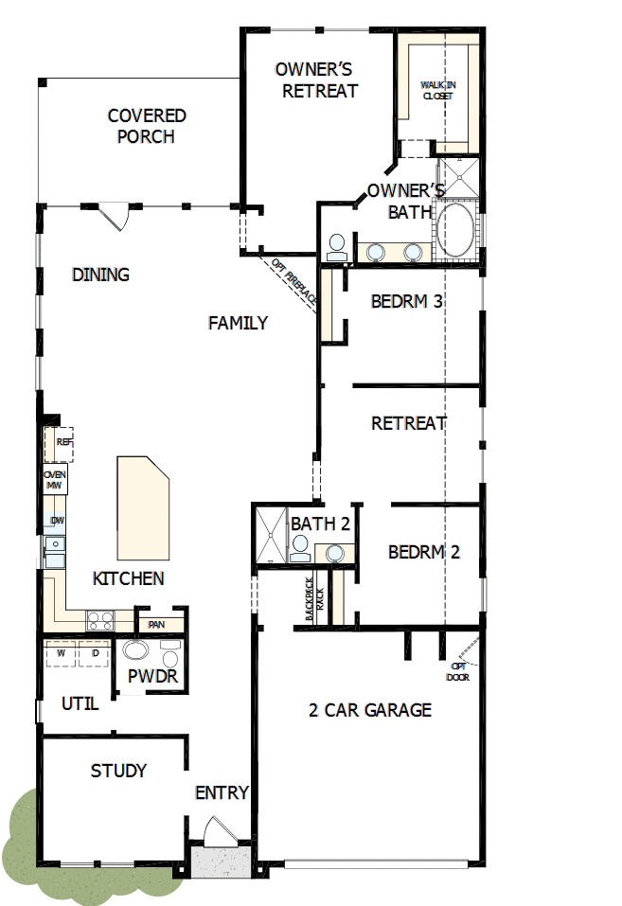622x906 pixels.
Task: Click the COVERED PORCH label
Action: click(147, 126)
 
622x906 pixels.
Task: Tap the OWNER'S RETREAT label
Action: click(316, 80)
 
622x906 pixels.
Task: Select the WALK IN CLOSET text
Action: click(437, 90)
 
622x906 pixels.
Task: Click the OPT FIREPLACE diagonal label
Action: click(294, 281)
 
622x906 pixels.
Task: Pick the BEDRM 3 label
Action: click(407, 302)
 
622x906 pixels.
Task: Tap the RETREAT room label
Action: click(409, 423)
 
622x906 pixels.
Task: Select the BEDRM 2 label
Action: click(424, 552)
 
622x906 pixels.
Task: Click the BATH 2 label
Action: click(321, 524)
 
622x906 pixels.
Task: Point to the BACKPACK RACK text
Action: click(314, 600)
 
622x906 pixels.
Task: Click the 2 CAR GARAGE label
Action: click(370, 710)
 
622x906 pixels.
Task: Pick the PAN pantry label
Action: click(156, 625)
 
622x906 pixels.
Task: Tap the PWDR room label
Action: click(153, 678)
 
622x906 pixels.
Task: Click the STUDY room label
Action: click(118, 771)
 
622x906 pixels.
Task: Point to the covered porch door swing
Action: click(116, 217)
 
